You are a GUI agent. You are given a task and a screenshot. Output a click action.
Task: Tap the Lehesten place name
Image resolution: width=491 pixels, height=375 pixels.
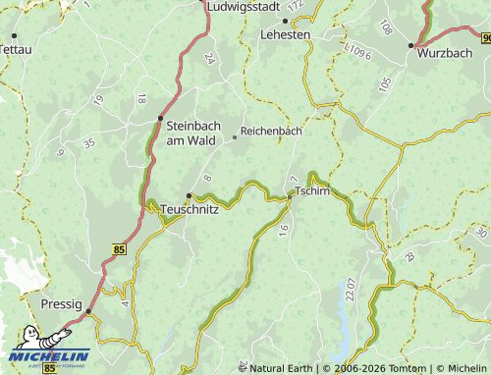tap(285, 33)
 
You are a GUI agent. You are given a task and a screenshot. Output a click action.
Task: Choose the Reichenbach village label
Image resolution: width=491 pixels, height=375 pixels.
tap(270, 130)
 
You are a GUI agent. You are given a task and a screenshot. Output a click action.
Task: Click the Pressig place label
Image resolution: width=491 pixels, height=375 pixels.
tap(61, 304)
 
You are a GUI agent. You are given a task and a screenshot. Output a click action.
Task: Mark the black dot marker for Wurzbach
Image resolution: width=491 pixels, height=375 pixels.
tap(412, 45)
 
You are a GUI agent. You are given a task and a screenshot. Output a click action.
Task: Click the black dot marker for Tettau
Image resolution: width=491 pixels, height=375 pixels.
tap(14, 35)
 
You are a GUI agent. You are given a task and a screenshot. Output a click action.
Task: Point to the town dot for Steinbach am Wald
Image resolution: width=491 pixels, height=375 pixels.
tap(160, 119)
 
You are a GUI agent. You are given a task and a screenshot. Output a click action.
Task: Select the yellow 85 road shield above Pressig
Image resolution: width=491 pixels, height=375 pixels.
tap(120, 250)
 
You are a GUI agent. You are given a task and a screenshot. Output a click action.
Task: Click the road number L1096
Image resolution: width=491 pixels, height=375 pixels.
tap(356, 49)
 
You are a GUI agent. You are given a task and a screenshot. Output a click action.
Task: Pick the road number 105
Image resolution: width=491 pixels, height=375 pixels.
tap(384, 84)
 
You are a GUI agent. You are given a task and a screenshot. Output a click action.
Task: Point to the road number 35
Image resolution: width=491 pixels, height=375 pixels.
tap(89, 143)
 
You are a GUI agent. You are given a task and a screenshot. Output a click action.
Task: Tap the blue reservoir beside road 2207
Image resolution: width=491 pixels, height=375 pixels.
tap(346, 295)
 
